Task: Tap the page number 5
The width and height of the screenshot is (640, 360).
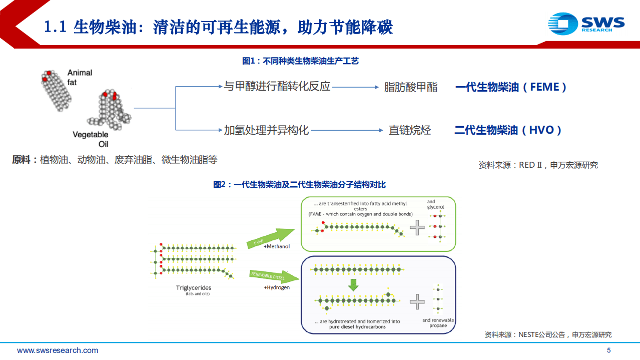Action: pyautogui.click(x=608, y=350)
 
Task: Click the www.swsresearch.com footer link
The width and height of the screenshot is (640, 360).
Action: pyautogui.click(x=58, y=350)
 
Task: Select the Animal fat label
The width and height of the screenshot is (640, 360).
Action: pyautogui.click(x=80, y=77)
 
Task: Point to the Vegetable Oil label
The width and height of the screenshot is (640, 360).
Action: pyautogui.click(x=91, y=139)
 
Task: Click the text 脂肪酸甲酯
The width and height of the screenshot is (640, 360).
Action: pyautogui.click(x=410, y=87)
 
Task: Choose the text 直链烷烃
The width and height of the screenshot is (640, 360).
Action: pyautogui.click(x=410, y=130)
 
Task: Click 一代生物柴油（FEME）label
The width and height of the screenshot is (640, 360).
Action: pyautogui.click(x=510, y=87)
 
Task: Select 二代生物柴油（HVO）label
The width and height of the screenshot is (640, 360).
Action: pyautogui.click(x=508, y=130)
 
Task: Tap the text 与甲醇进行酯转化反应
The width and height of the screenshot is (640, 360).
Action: pyautogui.click(x=277, y=87)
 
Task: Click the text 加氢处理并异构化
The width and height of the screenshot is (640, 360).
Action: pyautogui.click(x=266, y=130)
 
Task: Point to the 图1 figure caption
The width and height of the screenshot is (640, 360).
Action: pyautogui.click(x=300, y=61)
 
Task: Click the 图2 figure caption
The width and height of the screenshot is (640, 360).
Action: pyautogui.click(x=299, y=185)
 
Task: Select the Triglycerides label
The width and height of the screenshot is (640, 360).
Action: pyautogui.click(x=194, y=288)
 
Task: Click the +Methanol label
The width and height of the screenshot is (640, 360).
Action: pyautogui.click(x=277, y=246)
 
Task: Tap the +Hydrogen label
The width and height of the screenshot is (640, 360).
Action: pyautogui.click(x=277, y=287)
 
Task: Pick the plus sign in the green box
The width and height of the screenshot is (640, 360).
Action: pyautogui.click(x=417, y=228)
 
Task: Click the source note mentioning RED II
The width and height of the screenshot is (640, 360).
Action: pyautogui.click(x=538, y=165)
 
